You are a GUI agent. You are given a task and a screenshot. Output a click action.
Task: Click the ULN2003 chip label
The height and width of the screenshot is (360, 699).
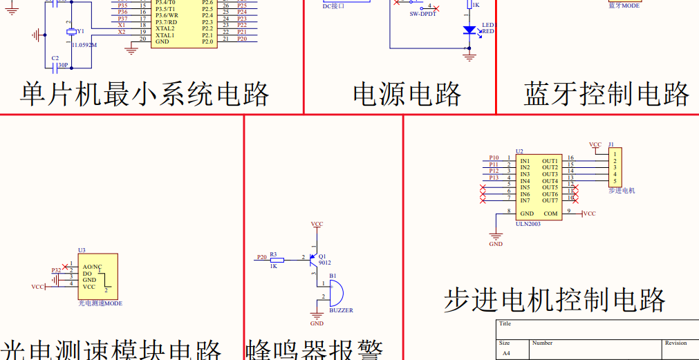(x=528, y=224)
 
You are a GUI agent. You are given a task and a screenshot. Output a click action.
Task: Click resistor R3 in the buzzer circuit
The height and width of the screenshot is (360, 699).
(x=274, y=258)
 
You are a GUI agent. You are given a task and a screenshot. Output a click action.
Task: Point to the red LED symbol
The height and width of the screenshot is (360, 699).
(x=469, y=30)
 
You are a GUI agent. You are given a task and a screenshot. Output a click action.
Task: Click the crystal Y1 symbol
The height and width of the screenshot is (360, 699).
(x=71, y=32)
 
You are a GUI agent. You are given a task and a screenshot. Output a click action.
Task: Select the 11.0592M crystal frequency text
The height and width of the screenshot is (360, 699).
(x=84, y=45)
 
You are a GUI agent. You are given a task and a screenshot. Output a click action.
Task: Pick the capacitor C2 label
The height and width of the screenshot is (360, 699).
(x=55, y=58)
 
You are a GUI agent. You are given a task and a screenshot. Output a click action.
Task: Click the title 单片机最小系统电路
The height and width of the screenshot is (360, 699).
(x=145, y=94)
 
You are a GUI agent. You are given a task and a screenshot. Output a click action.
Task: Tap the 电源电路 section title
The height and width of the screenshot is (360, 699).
(x=407, y=94)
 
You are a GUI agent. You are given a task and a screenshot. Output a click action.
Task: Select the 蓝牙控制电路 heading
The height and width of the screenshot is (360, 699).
(x=606, y=94)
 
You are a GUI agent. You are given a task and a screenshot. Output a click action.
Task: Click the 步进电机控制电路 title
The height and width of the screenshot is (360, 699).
(x=554, y=300)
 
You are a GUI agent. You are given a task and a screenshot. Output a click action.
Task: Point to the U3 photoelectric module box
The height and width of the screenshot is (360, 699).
(x=97, y=276)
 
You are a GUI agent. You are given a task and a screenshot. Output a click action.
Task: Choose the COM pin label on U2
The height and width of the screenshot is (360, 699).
(x=550, y=214)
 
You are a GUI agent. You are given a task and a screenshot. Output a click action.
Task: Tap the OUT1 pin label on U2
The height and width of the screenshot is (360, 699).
(x=550, y=161)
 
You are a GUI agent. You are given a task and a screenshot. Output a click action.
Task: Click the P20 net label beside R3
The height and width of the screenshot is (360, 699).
(x=261, y=257)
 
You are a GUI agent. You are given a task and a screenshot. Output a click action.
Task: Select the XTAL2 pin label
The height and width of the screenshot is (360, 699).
(x=165, y=28)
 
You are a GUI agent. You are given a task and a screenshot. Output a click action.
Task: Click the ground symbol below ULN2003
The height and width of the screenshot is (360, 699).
(x=496, y=235)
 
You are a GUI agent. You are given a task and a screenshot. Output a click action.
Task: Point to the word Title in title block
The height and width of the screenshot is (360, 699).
(x=505, y=323)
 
